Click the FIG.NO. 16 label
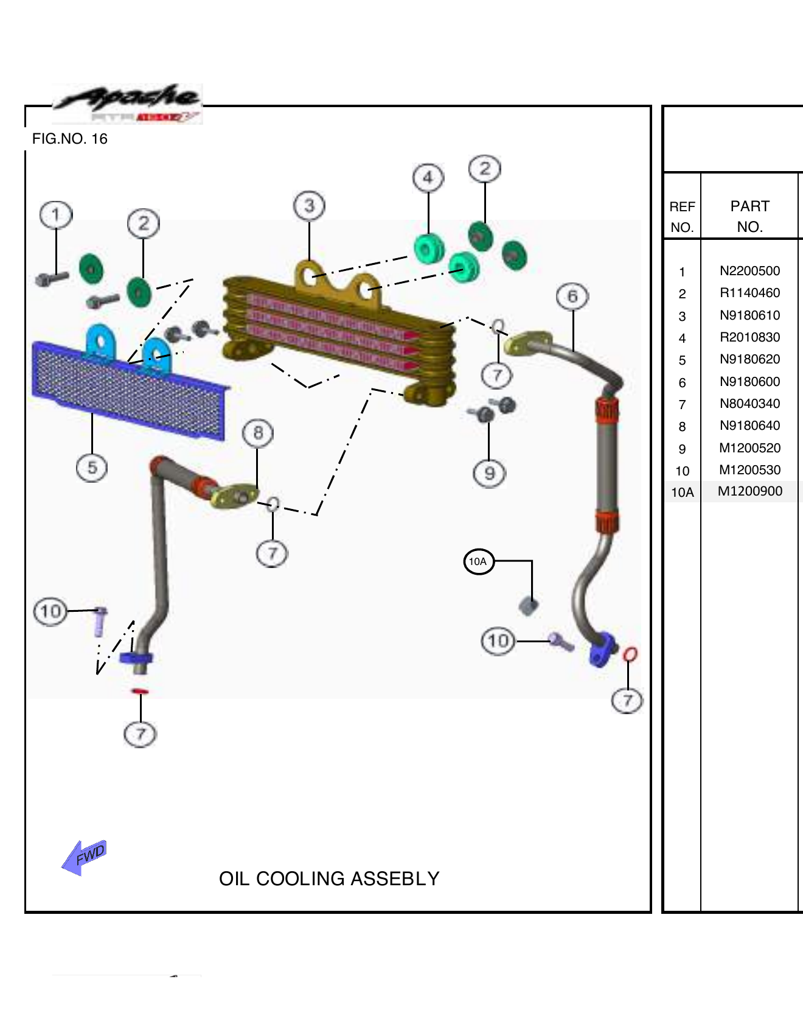[x=69, y=139]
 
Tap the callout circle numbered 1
[x=55, y=215]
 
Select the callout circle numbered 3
[x=309, y=206]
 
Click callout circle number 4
[x=428, y=178]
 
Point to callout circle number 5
[x=92, y=468]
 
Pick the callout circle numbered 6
[x=572, y=296]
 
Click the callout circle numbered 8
[x=258, y=433]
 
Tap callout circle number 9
[x=489, y=473]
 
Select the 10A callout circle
[x=478, y=561]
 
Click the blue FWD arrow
[x=85, y=857]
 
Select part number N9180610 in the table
[x=749, y=315]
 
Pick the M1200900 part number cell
[x=749, y=491]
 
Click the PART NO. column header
[x=749, y=216]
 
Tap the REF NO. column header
[x=682, y=217]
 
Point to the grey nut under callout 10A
[x=528, y=606]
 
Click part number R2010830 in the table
[x=749, y=337]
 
